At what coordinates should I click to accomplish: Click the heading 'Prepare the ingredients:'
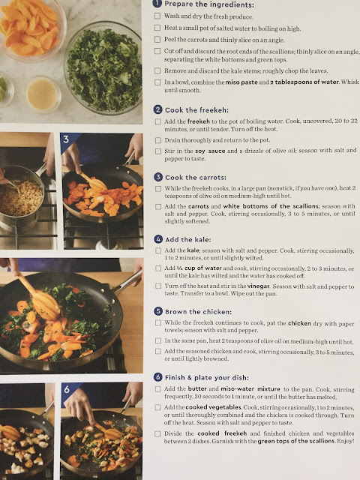[x=209, y=4]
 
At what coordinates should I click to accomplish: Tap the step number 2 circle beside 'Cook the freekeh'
[x=157, y=109]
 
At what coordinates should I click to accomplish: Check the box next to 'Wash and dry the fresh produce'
[x=157, y=16]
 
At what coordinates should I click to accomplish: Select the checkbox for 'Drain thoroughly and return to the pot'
[x=158, y=140]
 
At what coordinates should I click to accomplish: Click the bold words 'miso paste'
[x=241, y=82]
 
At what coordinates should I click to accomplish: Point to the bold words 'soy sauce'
[x=210, y=151]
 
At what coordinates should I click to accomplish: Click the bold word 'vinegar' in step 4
[x=258, y=286]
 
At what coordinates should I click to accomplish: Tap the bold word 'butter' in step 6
[x=197, y=388]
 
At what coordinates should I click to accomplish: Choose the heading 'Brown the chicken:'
[x=198, y=312]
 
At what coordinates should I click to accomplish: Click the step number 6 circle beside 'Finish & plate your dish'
[x=158, y=377]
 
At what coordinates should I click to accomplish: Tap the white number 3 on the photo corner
[x=67, y=139]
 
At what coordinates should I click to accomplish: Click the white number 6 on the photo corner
[x=67, y=389]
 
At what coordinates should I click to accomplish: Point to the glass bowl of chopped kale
[x=103, y=68]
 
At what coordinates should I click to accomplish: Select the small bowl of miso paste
[x=43, y=94]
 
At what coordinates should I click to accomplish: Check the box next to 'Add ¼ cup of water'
[x=158, y=268]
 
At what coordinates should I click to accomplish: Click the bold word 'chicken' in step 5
[x=299, y=323]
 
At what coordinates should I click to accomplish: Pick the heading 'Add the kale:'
[x=188, y=239]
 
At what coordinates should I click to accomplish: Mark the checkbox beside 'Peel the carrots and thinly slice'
[x=157, y=39]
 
